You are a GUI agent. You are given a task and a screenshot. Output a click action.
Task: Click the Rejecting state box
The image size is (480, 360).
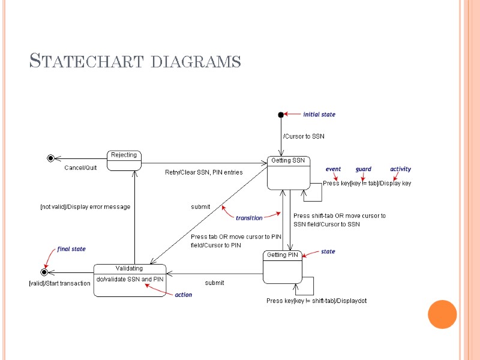pos(124,160)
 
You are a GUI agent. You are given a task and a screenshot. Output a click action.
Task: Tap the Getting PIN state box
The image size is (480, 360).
pos(282,266)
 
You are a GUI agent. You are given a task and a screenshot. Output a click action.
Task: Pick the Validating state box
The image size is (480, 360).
pos(130,280)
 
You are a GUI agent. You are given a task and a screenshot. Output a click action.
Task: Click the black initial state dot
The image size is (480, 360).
pos(280,115)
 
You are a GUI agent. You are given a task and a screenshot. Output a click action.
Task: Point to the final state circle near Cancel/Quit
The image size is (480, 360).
pos(51,158)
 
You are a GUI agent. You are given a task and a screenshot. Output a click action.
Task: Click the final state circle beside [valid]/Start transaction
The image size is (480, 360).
pos(44,272)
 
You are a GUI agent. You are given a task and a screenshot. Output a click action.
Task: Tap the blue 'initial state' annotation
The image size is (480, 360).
pos(319,115)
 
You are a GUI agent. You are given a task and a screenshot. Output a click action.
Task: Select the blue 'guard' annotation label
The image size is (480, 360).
pos(363,169)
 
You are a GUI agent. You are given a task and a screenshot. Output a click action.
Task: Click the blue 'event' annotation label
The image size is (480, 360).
pos(333,169)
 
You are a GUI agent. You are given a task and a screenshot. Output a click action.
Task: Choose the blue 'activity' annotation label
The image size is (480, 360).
pos(400,169)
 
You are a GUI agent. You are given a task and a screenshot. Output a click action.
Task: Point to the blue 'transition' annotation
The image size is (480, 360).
pos(249,218)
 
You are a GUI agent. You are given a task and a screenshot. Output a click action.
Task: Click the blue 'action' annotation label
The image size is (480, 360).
pos(183,295)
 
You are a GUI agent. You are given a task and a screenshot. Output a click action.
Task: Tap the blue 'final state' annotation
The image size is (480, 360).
pos(71,249)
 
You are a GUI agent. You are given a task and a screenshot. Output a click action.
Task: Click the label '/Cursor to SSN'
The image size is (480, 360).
pos(304,137)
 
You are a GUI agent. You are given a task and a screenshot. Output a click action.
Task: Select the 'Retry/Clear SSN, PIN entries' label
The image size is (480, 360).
pos(203,173)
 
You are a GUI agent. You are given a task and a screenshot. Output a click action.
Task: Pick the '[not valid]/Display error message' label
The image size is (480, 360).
pos(85,207)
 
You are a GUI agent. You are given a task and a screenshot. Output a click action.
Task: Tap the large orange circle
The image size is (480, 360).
pos(443,314)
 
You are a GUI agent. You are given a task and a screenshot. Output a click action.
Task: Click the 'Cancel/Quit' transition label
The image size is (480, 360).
pos(80,168)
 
